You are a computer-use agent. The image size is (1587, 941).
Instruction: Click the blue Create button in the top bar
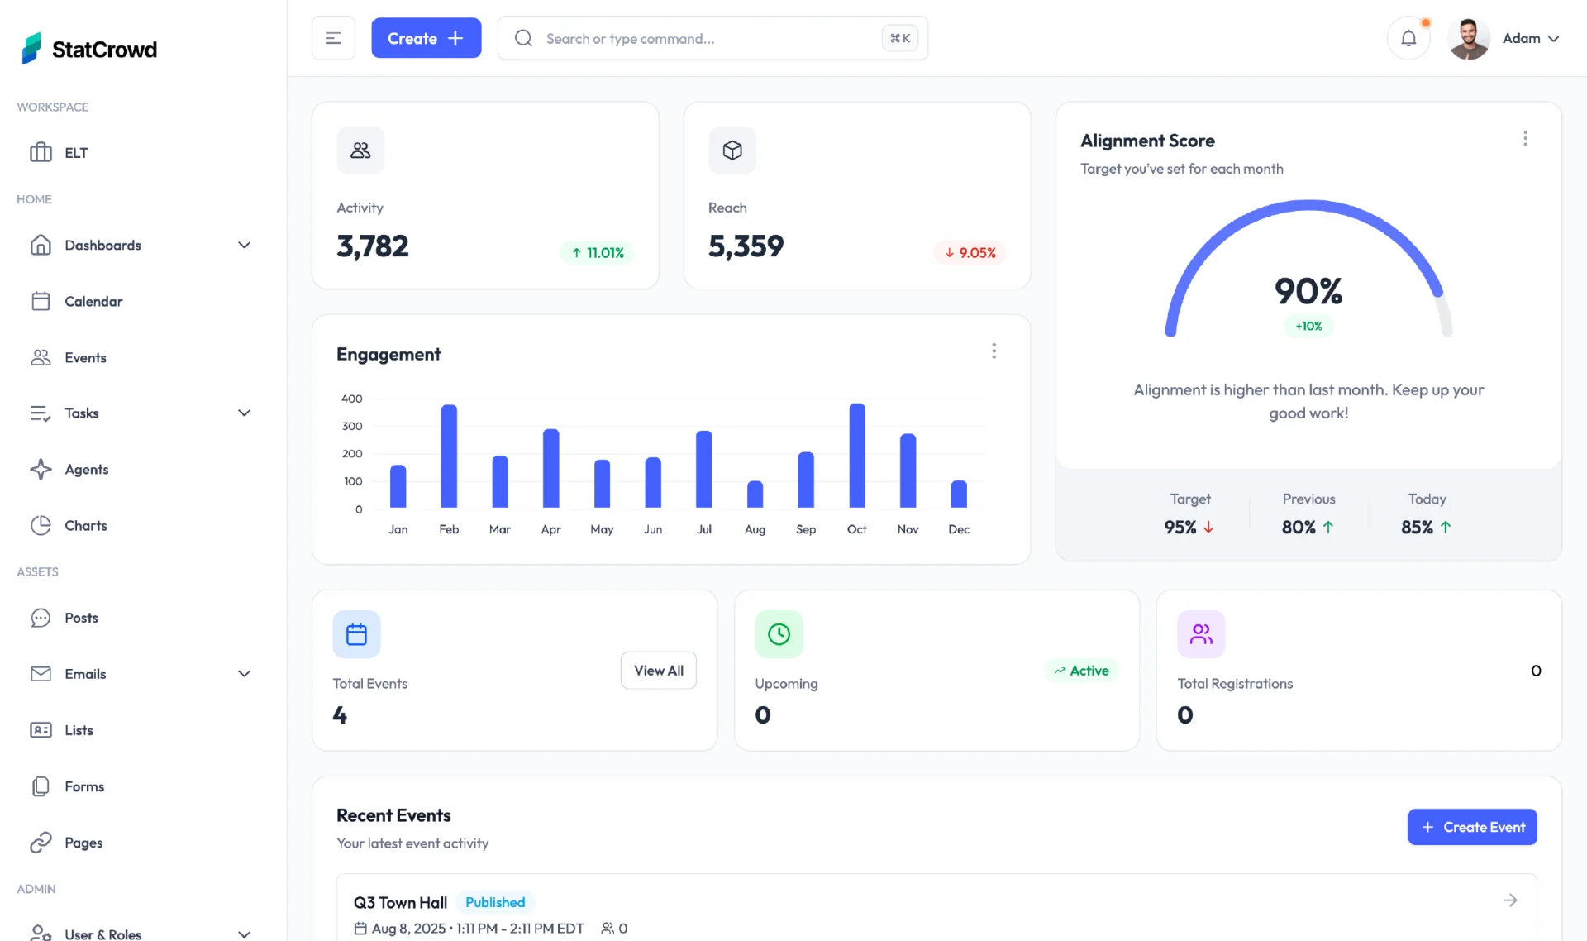tap(426, 38)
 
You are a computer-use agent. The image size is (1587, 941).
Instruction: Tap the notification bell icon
tap(1408, 38)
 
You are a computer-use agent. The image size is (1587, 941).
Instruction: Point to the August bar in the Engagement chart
tap(755, 494)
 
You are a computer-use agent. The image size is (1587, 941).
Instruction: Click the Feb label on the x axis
tap(449, 529)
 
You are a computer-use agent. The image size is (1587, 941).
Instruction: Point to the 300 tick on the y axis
tap(352, 427)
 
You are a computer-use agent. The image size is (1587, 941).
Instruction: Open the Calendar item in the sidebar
tap(93, 302)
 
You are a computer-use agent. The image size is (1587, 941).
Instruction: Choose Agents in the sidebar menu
tap(87, 470)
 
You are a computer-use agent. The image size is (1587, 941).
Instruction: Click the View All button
tap(658, 671)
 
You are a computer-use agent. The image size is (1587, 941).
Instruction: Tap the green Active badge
tap(1081, 671)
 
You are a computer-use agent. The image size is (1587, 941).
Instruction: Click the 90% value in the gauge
tap(1308, 291)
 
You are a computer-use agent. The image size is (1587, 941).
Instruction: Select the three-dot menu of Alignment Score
tap(1525, 139)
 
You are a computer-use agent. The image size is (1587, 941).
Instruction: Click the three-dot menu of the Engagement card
tap(994, 351)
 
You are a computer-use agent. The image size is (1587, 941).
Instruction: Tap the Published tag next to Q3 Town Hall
tap(495, 902)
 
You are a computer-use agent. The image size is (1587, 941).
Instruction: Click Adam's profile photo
tap(1469, 39)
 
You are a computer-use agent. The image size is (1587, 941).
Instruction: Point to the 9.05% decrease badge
tap(970, 253)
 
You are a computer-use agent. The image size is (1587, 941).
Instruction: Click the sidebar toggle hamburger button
tap(333, 38)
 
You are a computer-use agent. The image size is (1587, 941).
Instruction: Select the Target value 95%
tap(1180, 528)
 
